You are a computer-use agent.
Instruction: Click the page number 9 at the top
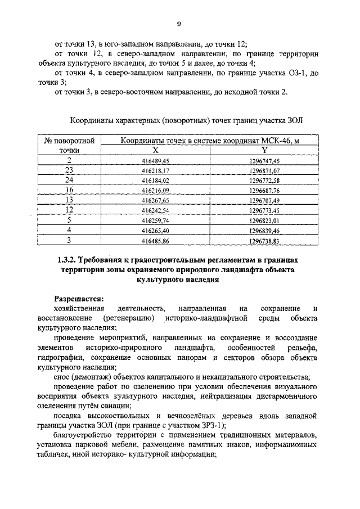tap(178, 23)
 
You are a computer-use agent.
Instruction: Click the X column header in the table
tap(155, 150)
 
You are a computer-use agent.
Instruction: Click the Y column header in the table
tap(264, 150)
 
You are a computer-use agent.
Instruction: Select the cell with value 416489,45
tap(155, 160)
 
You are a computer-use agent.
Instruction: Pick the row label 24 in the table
tap(69, 180)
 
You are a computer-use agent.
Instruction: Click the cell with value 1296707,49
tap(264, 200)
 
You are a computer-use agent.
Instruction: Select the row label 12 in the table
tap(69, 210)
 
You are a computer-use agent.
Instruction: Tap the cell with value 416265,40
tap(155, 230)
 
